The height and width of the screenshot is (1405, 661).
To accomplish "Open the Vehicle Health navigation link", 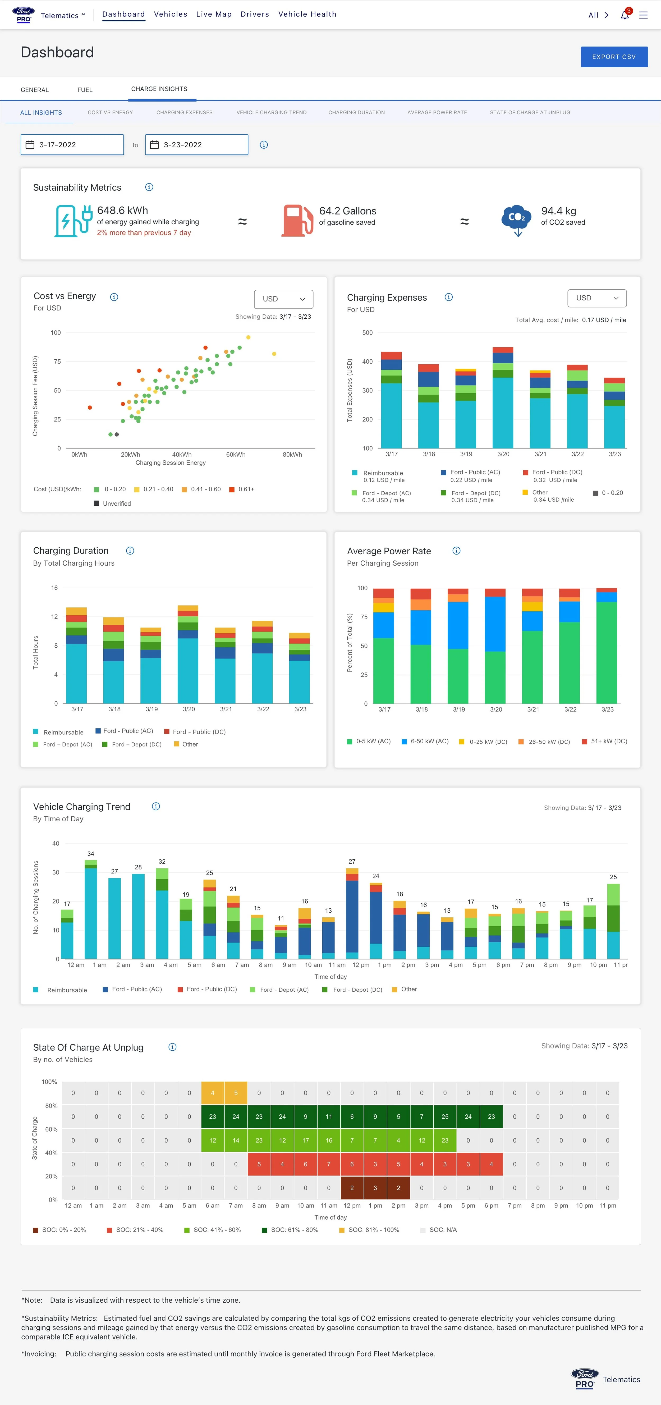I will tap(307, 14).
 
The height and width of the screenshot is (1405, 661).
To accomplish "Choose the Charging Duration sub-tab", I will tap(356, 112).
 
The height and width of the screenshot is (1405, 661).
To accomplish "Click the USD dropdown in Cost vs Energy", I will tap(283, 299).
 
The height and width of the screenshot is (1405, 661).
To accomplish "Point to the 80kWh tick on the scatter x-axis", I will tap(292, 454).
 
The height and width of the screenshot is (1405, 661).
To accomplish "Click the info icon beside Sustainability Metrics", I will tap(149, 187).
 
